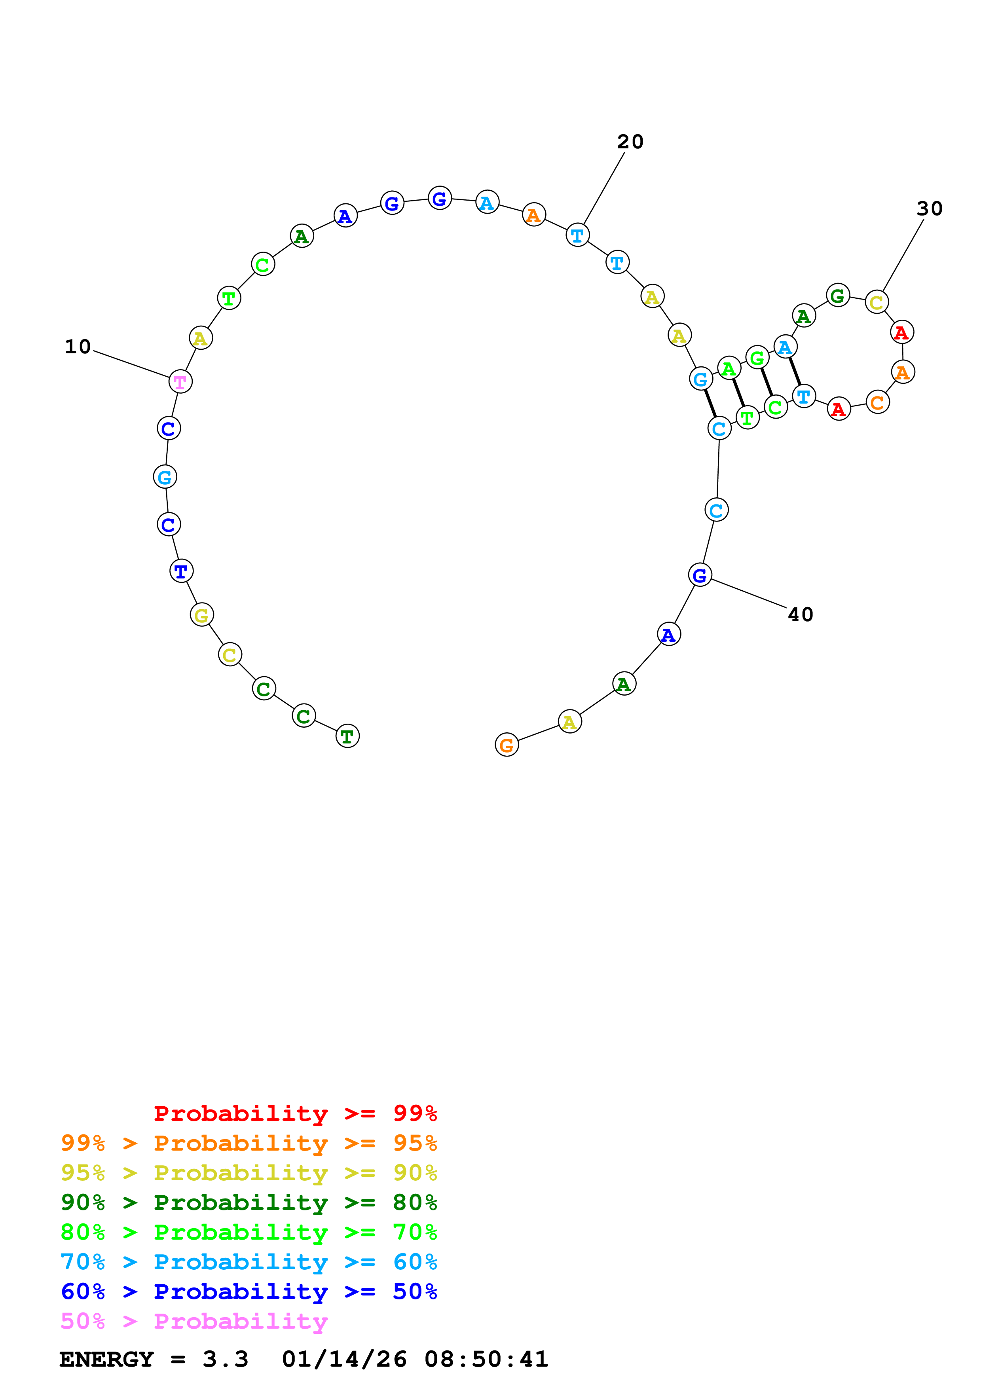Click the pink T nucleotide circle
point(180,381)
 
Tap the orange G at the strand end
point(507,745)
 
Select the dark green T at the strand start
point(347,736)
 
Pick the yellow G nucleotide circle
point(201,615)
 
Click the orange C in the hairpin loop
point(877,402)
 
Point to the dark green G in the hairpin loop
point(837,296)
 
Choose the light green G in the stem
point(757,358)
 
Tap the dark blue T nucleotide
point(181,571)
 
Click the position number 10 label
point(78,346)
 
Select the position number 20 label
point(630,142)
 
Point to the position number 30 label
point(929,209)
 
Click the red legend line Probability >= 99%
point(295,1113)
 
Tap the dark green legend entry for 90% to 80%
point(249,1202)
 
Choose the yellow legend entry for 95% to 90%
point(249,1173)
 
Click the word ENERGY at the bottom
point(106,1360)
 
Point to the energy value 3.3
point(225,1360)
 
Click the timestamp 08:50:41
point(486,1360)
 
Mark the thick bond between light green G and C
point(766,382)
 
